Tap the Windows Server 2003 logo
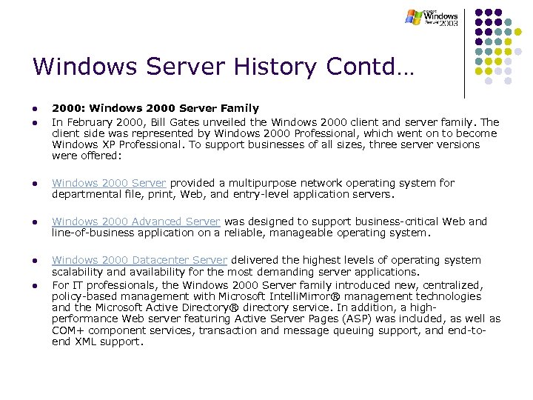click(x=432, y=18)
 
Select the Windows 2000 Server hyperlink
click(x=109, y=183)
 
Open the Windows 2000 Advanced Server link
click(x=136, y=221)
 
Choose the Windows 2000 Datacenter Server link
click(x=139, y=260)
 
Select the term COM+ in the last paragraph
click(x=69, y=330)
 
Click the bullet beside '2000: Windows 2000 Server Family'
click(x=35, y=109)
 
